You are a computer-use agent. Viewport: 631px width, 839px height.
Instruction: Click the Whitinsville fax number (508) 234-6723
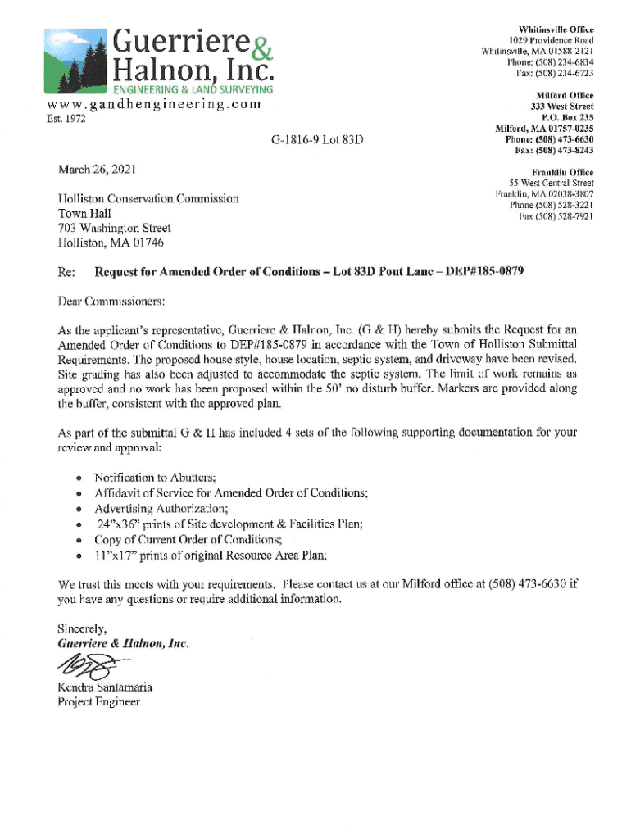[x=555, y=73]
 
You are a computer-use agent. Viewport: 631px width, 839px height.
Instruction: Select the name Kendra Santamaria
[x=105, y=687]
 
